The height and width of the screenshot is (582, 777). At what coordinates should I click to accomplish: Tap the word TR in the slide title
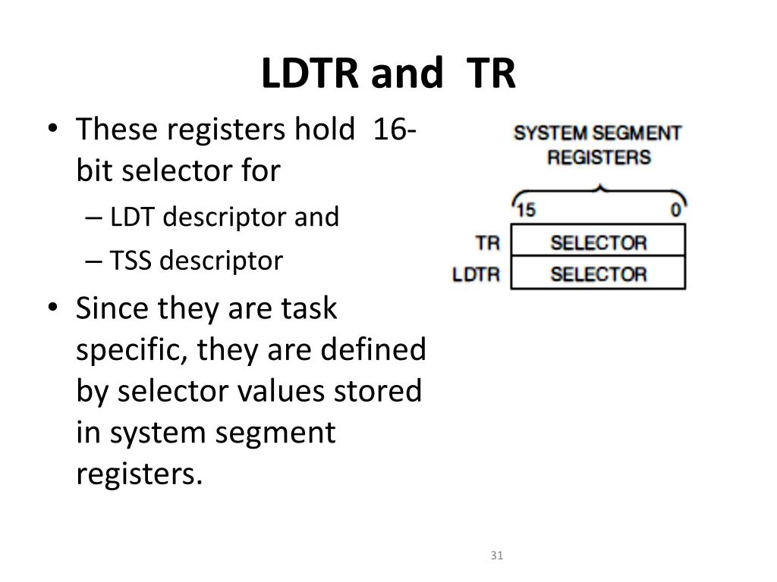490,74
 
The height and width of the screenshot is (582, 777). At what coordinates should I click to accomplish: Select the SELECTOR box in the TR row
598,242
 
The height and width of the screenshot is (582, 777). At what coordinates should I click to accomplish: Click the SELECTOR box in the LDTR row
598,274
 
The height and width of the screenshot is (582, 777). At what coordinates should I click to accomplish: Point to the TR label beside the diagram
487,243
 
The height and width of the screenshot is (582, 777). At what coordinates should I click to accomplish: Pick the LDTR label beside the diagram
477,274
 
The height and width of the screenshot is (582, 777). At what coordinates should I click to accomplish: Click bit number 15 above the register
526,210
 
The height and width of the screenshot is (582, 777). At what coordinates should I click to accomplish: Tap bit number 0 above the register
675,210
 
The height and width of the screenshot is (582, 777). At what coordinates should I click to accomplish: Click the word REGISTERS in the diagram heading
599,158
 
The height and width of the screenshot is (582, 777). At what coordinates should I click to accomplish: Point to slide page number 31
497,555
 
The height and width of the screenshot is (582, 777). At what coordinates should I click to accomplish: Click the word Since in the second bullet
112,309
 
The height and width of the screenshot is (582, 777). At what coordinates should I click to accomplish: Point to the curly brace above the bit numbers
599,189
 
